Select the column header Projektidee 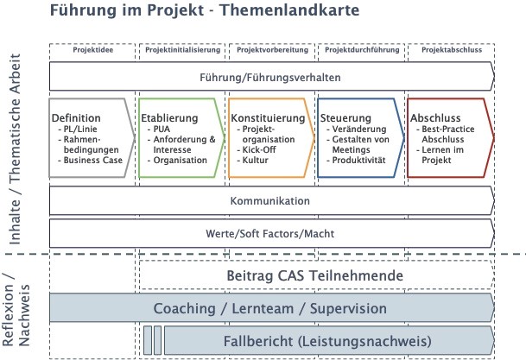point(93,50)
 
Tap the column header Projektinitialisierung point(183,50)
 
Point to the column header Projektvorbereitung point(272,50)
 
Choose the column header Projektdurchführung point(361,50)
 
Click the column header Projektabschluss point(450,50)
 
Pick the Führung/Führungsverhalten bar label point(269,77)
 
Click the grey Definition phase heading point(76,118)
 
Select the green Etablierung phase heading point(169,118)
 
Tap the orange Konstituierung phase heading point(267,118)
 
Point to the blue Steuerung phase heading point(345,118)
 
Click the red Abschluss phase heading point(434,118)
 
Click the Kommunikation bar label point(269,201)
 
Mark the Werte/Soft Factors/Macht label point(269,233)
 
